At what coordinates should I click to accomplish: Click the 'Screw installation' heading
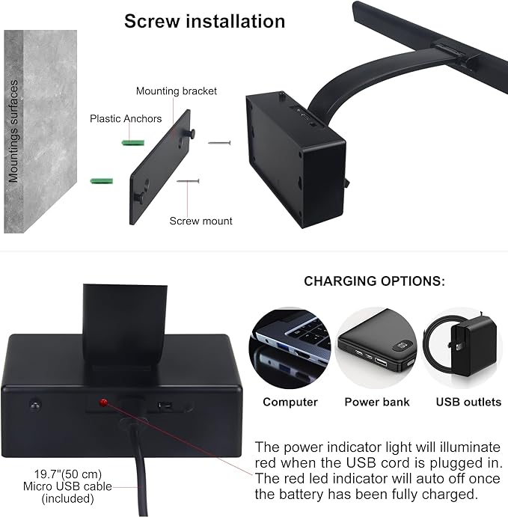[x=205, y=22]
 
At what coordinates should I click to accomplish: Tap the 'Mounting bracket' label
[x=177, y=91]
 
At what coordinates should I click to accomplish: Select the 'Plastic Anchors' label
[x=126, y=119]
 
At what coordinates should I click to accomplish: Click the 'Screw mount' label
[x=201, y=221]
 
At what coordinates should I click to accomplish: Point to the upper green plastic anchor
[x=133, y=143]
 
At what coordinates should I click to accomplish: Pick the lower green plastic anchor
[x=102, y=181]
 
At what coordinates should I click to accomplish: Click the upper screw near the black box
[x=219, y=143]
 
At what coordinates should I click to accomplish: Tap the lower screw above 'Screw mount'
[x=188, y=181]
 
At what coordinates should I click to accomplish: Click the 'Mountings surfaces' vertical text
[x=13, y=131]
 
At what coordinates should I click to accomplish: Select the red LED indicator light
[x=103, y=403]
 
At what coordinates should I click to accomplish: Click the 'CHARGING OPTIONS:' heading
[x=374, y=281]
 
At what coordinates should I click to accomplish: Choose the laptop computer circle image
[x=290, y=348]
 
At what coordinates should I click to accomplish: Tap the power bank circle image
[x=376, y=348]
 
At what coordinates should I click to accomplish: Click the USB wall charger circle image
[x=462, y=348]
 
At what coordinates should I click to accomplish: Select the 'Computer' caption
[x=290, y=402]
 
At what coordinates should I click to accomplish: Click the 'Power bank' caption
[x=377, y=402]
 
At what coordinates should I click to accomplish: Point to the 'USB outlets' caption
[x=468, y=402]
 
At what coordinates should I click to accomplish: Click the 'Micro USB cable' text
[x=67, y=486]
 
